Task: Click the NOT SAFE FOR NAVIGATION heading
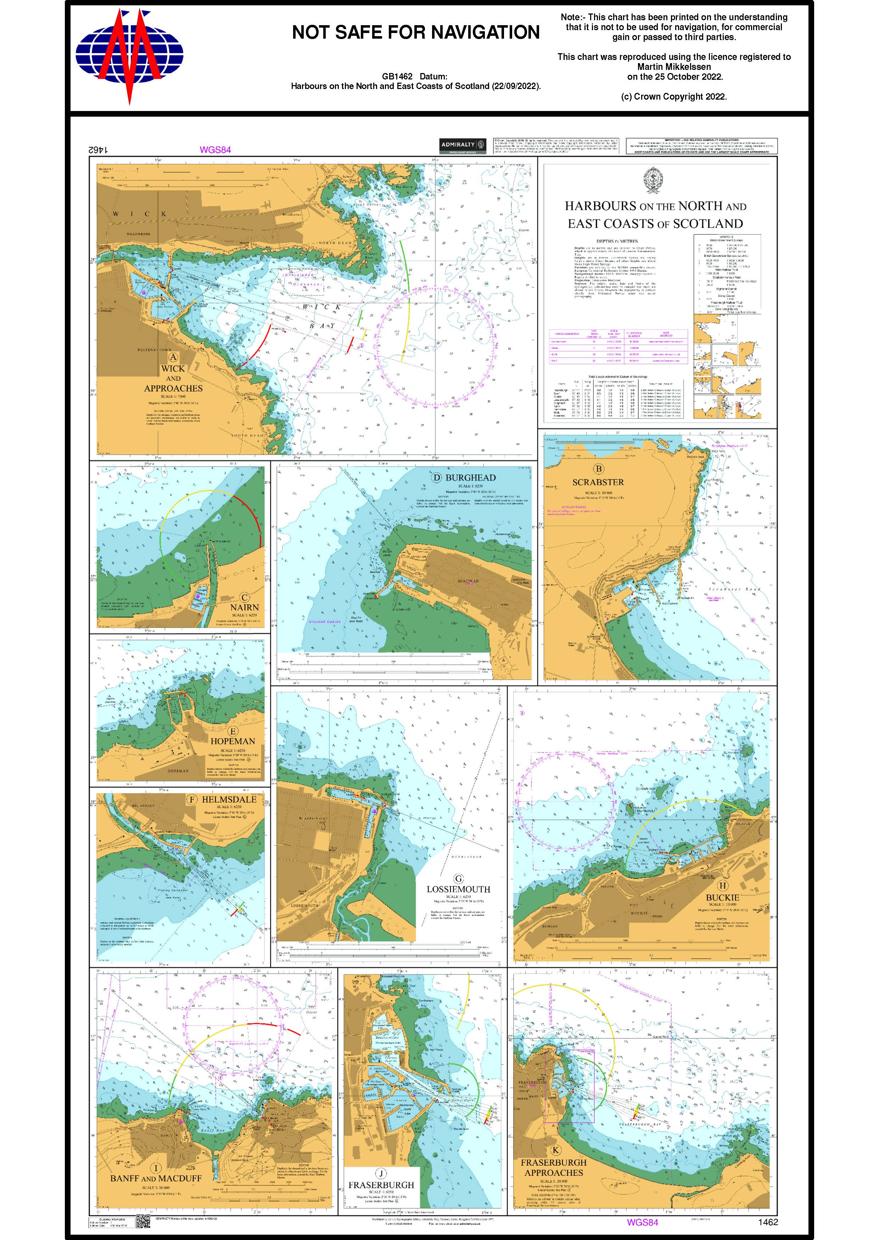pyautogui.click(x=416, y=33)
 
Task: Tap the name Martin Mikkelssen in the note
pyautogui.click(x=674, y=67)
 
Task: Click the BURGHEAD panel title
pyautogui.click(x=470, y=478)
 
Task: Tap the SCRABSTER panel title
pyautogui.click(x=598, y=482)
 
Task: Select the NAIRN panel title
pyautogui.click(x=245, y=607)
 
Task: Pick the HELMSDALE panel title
pyautogui.click(x=229, y=799)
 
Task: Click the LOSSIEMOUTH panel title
pyautogui.click(x=458, y=889)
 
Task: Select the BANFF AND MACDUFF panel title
pyautogui.click(x=156, y=1178)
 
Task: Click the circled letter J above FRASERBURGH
pyautogui.click(x=381, y=1173)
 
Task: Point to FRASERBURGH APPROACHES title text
pyautogui.click(x=553, y=1167)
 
